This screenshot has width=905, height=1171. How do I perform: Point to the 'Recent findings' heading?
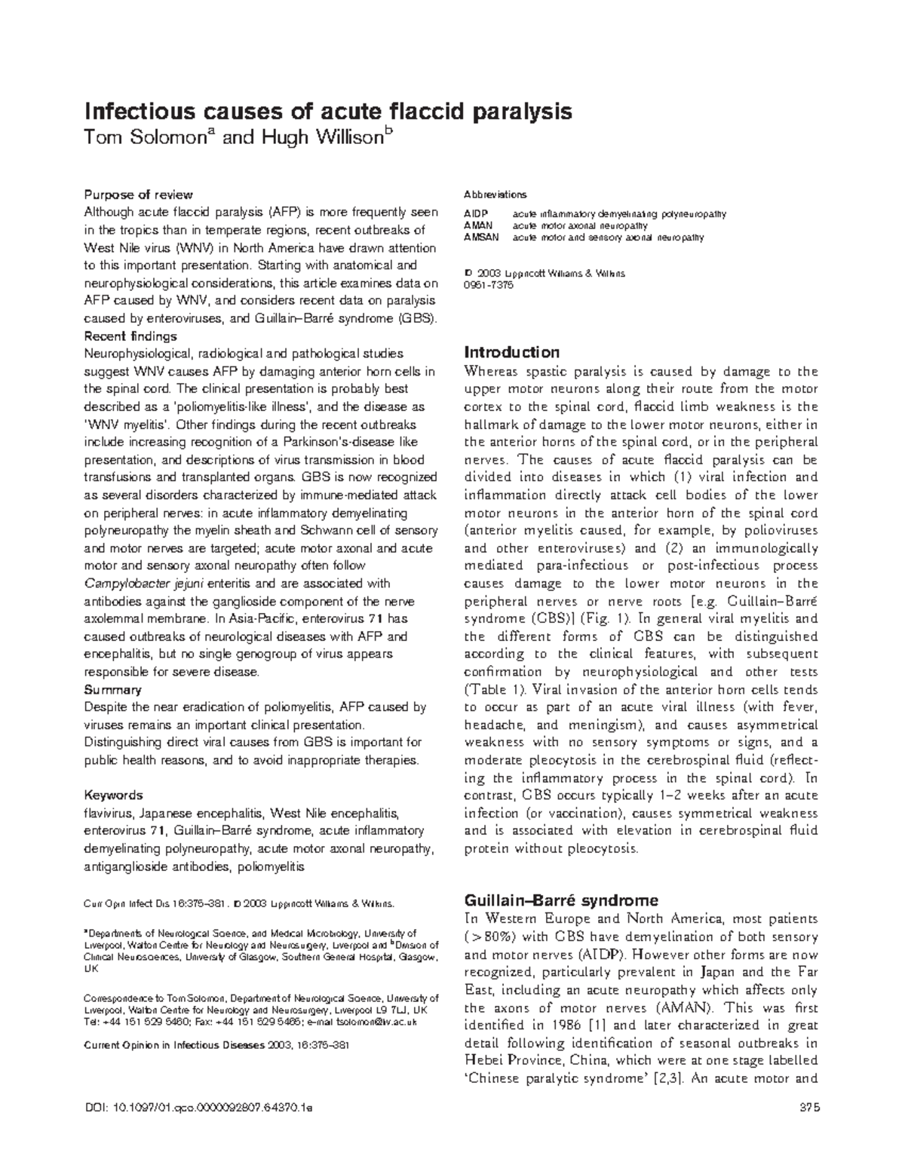click(130, 336)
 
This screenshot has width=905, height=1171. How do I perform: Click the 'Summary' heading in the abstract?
click(112, 690)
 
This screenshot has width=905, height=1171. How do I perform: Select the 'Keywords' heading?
click(113, 795)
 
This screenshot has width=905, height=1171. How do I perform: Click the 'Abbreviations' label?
click(495, 195)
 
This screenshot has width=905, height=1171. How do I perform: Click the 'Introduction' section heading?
click(511, 352)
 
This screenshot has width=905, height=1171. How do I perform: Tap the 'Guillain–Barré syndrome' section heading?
click(561, 900)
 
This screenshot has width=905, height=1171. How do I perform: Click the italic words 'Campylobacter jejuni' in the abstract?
click(144, 584)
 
